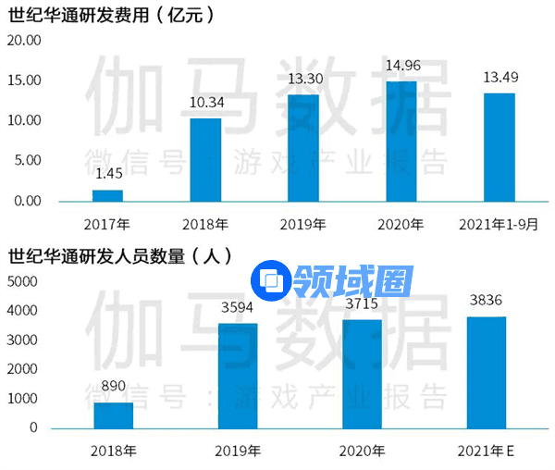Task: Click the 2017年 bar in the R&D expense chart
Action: point(107,195)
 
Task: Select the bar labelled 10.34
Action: point(205,159)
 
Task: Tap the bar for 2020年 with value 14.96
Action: point(401,141)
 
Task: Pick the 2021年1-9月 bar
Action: point(499,147)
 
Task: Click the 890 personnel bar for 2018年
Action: point(114,414)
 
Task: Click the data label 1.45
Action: point(107,174)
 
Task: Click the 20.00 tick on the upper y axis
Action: point(24,41)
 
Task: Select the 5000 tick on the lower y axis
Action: point(22,281)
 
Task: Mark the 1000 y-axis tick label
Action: point(22,399)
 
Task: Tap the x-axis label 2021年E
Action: point(487,451)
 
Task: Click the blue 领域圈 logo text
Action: point(352,280)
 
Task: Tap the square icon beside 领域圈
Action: point(273,280)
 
